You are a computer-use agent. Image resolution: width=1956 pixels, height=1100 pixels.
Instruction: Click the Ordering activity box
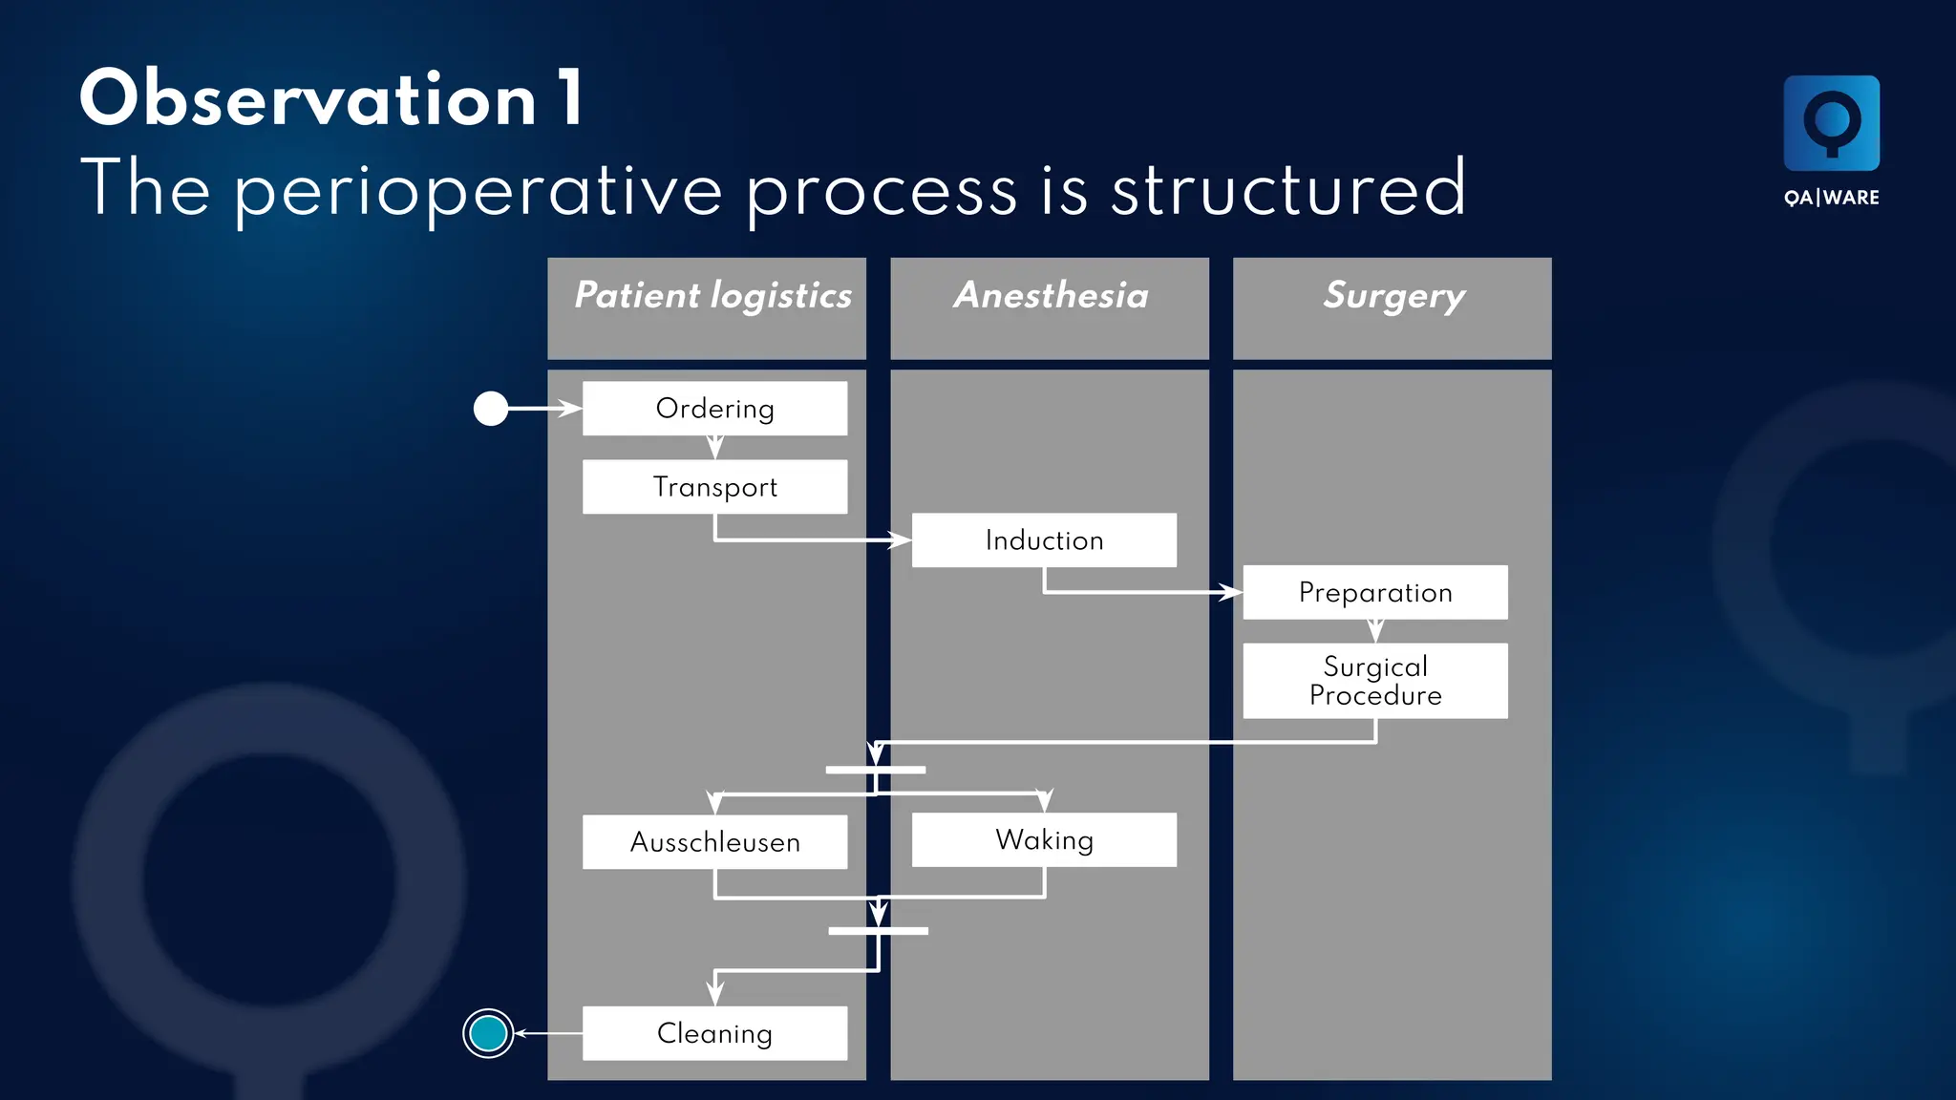(x=714, y=409)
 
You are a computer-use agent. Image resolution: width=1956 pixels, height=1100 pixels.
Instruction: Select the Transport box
(x=714, y=487)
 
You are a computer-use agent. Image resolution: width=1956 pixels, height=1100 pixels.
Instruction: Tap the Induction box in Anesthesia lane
(x=1044, y=540)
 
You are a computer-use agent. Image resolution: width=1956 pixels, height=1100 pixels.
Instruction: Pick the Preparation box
(x=1375, y=593)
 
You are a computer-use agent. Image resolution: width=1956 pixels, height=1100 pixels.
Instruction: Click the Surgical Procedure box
(x=1375, y=681)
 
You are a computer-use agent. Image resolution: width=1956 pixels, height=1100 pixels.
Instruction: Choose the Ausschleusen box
(x=714, y=842)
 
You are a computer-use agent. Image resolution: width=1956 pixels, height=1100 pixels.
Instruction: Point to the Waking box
(x=1044, y=840)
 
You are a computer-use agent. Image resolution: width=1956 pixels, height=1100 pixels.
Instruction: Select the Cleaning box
(x=714, y=1033)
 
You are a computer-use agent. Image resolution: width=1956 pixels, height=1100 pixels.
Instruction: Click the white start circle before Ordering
(x=491, y=409)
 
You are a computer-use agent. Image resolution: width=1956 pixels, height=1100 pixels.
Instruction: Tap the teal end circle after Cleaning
(x=488, y=1033)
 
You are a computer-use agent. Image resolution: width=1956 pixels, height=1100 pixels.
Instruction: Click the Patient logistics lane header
(x=707, y=307)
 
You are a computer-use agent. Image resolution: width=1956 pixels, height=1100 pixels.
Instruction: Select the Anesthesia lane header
(x=1050, y=307)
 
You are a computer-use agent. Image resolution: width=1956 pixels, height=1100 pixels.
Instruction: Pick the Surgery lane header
(x=1392, y=307)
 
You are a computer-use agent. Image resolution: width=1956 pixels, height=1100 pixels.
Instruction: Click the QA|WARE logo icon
(x=1831, y=123)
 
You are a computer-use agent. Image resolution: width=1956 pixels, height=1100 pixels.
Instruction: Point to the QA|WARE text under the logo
(x=1831, y=198)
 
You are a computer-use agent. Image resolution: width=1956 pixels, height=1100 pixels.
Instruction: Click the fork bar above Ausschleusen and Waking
(x=875, y=770)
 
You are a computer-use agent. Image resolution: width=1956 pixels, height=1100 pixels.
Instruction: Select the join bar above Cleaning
(x=878, y=931)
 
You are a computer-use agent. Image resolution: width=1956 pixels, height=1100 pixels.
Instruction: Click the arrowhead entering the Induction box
(x=901, y=540)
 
